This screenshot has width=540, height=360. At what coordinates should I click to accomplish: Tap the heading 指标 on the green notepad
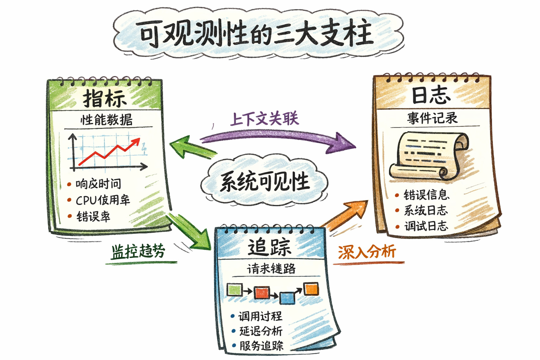coord(105,98)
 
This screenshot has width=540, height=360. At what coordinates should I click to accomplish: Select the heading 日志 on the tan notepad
coord(431,95)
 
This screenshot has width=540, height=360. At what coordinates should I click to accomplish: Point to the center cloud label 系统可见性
coord(264,182)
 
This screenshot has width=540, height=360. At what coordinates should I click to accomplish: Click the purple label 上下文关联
coord(264,118)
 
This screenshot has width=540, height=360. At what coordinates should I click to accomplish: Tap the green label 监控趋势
coord(138,251)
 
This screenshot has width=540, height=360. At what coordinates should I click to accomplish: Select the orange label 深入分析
coord(367,252)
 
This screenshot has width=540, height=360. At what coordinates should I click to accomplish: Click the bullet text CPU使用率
coord(103,200)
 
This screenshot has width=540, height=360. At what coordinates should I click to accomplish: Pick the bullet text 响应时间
coord(98,184)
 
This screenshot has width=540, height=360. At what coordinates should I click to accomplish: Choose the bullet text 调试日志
coord(426,226)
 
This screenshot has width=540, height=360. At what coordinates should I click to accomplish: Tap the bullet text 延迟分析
coord(261,331)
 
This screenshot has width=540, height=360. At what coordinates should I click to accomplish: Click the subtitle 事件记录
coord(432,118)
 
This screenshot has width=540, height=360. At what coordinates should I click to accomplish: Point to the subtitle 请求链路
coord(271,269)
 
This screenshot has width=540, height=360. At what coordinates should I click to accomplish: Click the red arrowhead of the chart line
coord(136,142)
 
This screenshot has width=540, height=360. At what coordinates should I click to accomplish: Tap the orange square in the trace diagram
coord(311,289)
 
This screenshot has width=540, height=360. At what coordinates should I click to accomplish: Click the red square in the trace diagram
coord(262,292)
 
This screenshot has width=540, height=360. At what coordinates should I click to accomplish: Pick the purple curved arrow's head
coord(343,143)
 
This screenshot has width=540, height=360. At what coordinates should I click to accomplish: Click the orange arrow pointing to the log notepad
coord(346,214)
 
